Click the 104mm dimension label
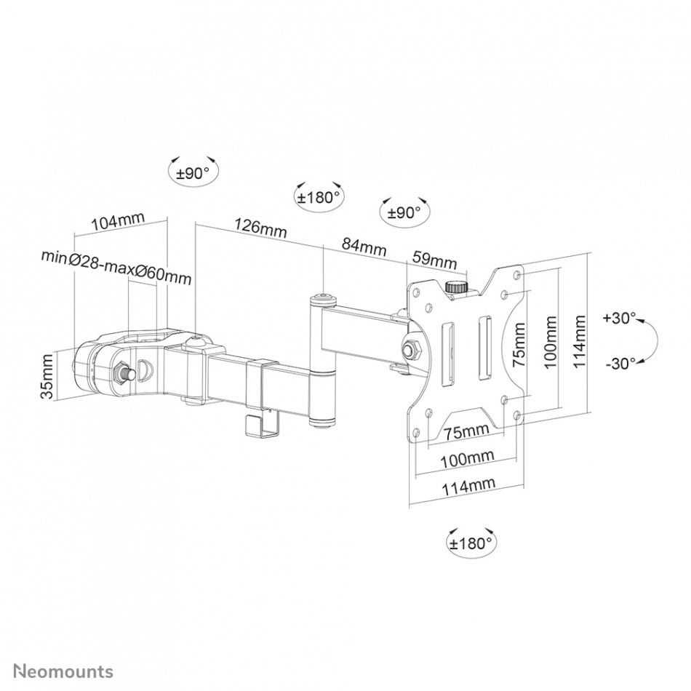click(x=118, y=222)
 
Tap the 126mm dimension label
click(x=260, y=228)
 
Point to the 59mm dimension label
click(x=434, y=260)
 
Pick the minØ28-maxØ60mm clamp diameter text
click(x=116, y=267)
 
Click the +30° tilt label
click(x=620, y=318)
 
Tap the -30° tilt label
click(x=620, y=364)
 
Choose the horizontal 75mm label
click(x=466, y=431)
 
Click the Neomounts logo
click(x=63, y=671)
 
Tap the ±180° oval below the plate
click(x=471, y=543)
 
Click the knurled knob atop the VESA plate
click(x=457, y=287)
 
